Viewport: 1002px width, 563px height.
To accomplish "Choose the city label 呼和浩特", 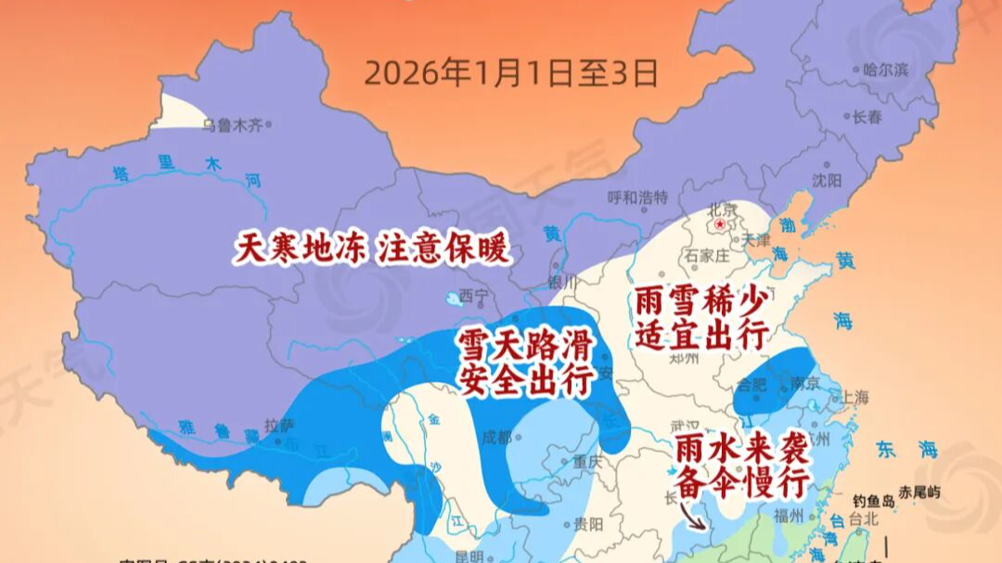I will pos(637,197).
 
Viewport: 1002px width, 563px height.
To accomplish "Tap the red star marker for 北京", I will pos(717,224).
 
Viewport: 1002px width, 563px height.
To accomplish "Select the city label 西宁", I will pos(473,297).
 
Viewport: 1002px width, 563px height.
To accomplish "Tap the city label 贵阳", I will pos(588,523).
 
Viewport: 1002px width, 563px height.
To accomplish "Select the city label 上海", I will pos(854,397).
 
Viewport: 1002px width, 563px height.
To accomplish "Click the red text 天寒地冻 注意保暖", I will pos(373,249).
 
